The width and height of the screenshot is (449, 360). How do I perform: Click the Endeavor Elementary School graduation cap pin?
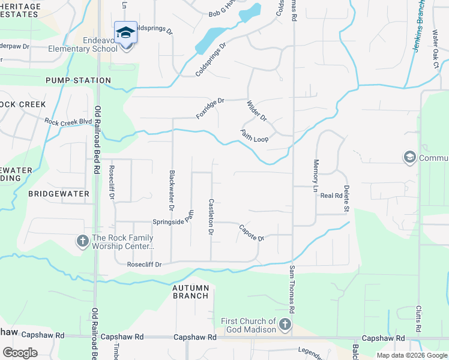point(126,33)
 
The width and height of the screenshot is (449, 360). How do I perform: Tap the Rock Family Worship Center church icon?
point(83,241)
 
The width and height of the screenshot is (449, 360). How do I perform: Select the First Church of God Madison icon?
point(285,325)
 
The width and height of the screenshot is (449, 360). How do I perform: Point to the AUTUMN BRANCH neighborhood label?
point(191,292)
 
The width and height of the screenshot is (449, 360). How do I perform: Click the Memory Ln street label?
point(315,172)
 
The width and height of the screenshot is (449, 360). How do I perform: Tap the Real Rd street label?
point(331,196)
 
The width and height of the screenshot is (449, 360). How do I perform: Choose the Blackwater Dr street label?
point(171,191)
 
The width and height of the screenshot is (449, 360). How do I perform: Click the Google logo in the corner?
point(20,353)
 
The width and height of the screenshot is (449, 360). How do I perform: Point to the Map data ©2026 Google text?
point(411,355)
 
